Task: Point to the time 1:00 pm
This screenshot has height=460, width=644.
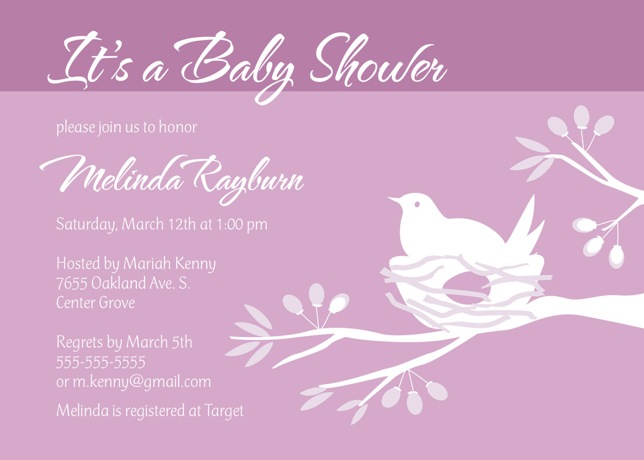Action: coord(242,224)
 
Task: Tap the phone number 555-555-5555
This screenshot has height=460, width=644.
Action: coord(101,362)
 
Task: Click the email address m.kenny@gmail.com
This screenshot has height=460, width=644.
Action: coord(142,382)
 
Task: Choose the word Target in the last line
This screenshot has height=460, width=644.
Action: coord(224,411)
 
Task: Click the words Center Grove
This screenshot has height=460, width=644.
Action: coord(95,303)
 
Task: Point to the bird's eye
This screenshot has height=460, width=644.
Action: coord(417,204)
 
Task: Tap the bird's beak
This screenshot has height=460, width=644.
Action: coord(393,200)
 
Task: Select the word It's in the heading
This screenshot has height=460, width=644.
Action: coord(90,60)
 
